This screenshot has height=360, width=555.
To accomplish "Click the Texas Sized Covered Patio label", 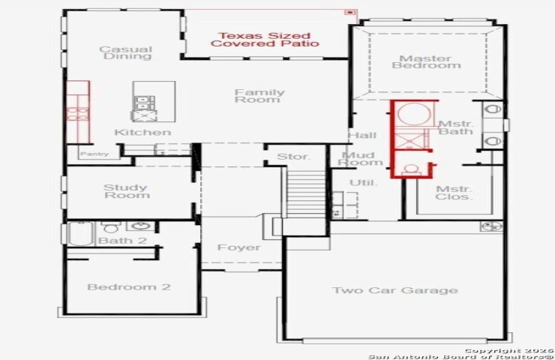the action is coord(265,40).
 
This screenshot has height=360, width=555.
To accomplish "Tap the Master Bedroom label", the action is coord(427,62).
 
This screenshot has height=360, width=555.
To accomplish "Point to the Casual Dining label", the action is coord(126,52).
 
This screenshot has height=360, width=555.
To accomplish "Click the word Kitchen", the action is coord(142,133).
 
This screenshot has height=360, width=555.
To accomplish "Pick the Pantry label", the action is coord(94,154).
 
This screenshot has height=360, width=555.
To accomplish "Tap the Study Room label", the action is coord(127,191).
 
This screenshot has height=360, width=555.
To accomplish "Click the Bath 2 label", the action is coord(122,241).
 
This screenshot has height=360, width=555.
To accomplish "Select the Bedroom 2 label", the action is coord(129,286).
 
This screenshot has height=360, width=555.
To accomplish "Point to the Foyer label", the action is coord(239,247).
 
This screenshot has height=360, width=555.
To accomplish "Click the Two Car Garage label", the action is coord(395,290).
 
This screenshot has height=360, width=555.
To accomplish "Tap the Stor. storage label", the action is coord(293,157).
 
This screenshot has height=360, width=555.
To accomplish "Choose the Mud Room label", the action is coord(360,158).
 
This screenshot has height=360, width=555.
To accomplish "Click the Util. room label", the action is coord(364,183).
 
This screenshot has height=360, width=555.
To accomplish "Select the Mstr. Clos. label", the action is coord(454,193).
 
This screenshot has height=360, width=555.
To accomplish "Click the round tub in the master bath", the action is coord(415,114).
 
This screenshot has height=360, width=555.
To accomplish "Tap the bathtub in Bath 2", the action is coord(81,234).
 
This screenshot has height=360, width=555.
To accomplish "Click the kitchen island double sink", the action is coord(145,103).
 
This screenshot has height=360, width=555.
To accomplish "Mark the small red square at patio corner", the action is coord(350,13).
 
